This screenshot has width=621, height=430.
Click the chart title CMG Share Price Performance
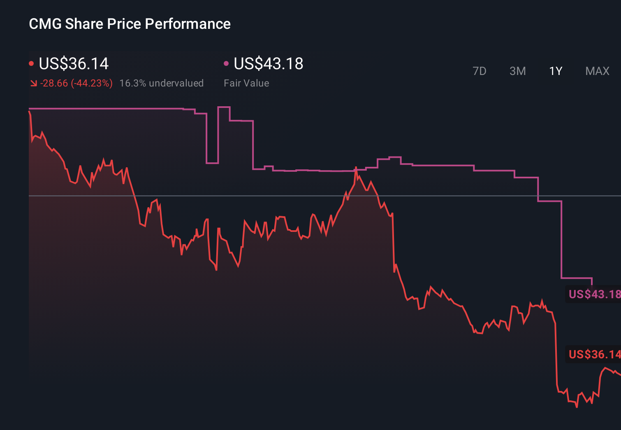click(x=130, y=24)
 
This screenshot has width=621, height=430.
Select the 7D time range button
click(x=479, y=71)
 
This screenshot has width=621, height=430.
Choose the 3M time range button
click(x=517, y=71)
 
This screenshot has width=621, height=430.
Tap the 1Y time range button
click(x=556, y=71)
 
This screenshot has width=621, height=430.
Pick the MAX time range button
click(x=597, y=71)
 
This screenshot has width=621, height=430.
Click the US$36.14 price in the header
click(x=74, y=64)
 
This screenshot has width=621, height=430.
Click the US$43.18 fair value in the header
click(x=268, y=64)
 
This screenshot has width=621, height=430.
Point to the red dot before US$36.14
click(x=31, y=64)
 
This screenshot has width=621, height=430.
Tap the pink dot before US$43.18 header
click(x=226, y=63)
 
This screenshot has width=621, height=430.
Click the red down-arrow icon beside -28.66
click(x=33, y=84)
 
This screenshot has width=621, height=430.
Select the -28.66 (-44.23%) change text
click(x=76, y=83)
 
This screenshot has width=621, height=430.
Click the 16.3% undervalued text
click(x=161, y=83)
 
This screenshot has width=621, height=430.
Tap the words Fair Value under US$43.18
click(x=246, y=83)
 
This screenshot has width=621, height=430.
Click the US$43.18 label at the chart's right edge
click(x=594, y=294)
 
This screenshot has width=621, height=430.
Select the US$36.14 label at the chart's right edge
click(x=594, y=354)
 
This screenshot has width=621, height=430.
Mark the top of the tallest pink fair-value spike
click(x=224, y=107)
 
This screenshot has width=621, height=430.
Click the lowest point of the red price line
click(x=577, y=407)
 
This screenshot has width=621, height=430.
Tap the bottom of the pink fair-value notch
click(x=212, y=163)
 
